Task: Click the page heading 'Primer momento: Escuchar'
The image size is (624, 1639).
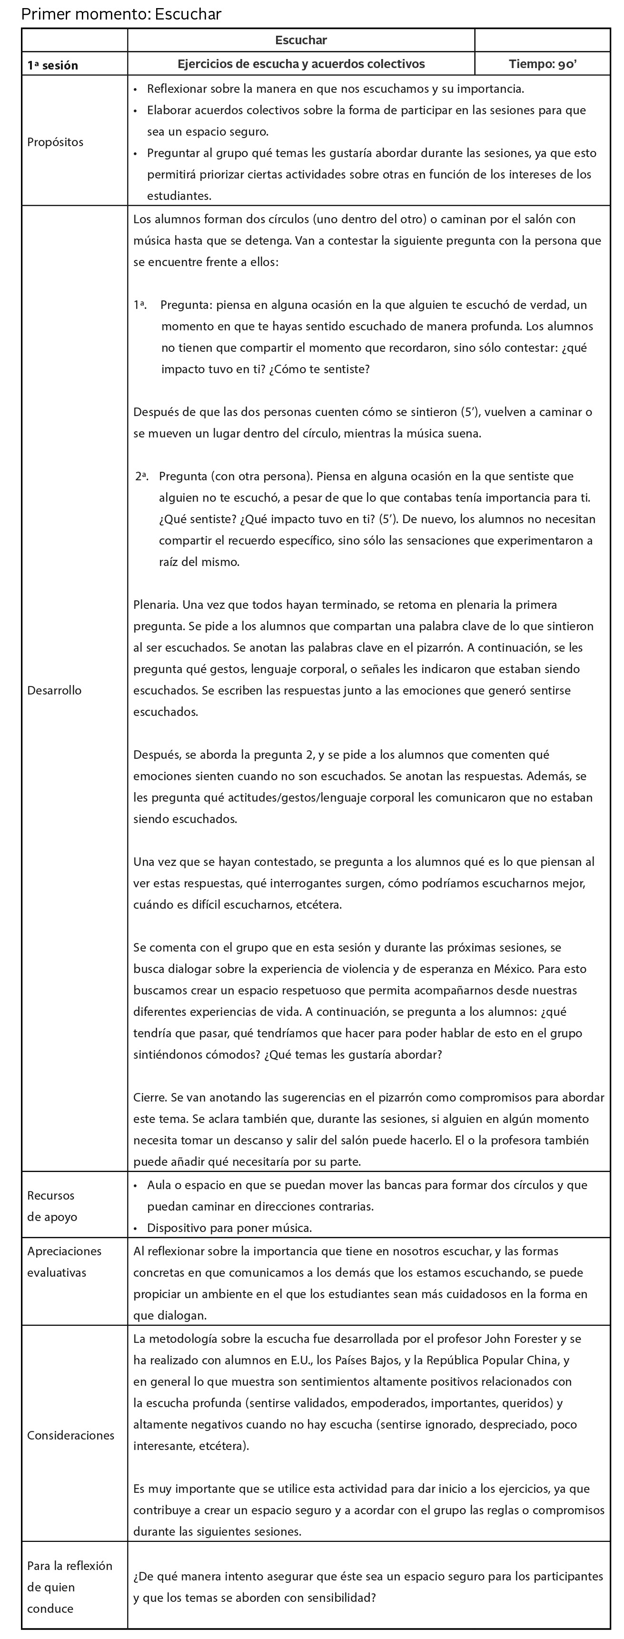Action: click(x=121, y=14)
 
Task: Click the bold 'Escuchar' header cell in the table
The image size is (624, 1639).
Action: click(x=301, y=40)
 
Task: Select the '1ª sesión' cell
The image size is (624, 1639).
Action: click(x=53, y=65)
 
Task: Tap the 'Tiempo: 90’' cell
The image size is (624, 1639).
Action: click(x=543, y=64)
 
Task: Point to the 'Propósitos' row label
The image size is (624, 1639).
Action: click(x=55, y=142)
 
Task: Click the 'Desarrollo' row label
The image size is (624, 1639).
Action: click(x=55, y=690)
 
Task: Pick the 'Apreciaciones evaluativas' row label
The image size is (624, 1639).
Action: click(x=64, y=1262)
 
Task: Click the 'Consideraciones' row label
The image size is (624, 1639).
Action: click(x=70, y=1435)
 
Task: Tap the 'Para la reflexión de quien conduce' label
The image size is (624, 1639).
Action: click(x=69, y=1587)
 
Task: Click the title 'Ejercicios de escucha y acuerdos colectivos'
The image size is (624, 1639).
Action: click(x=301, y=64)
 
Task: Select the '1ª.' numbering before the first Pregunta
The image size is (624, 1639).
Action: click(x=140, y=306)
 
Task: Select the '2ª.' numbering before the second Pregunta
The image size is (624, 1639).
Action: click(x=142, y=476)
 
